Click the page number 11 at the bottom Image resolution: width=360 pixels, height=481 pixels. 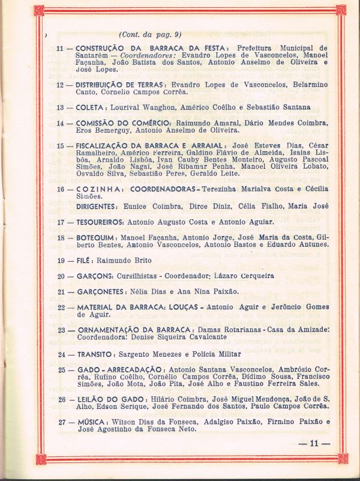314,444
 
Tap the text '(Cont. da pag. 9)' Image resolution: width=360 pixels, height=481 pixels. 150,34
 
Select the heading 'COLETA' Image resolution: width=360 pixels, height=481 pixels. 90,107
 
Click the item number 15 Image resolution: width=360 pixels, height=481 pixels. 60,146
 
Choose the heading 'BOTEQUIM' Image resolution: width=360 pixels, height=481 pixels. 97,238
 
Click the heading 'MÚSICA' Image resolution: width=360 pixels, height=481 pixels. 92,422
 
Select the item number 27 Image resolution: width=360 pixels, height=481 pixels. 61,422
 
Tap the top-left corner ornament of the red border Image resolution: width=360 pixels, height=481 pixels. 39,10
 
